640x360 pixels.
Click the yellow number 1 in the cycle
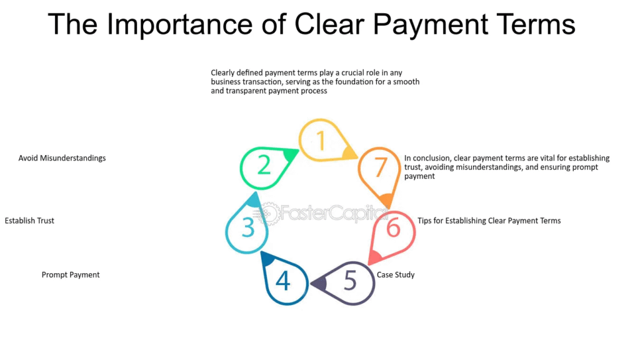[321, 141]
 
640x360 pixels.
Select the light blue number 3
[247, 227]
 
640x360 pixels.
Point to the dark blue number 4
[282, 281]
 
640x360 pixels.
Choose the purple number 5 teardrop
[343, 283]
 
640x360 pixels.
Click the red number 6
[393, 227]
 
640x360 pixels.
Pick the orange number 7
[380, 167]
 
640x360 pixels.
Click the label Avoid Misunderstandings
[62, 158]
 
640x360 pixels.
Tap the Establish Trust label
[29, 221]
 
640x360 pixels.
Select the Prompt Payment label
[71, 275]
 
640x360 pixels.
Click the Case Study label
[396, 275]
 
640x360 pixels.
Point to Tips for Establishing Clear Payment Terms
[489, 221]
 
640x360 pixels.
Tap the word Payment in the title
[430, 24]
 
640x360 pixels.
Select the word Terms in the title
[536, 24]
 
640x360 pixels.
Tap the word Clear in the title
[329, 24]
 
